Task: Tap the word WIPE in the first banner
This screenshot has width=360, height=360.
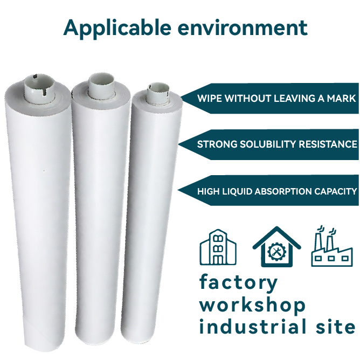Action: point(209,99)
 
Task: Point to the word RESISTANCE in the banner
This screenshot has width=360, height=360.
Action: point(330,144)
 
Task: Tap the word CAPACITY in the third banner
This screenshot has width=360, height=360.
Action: point(336,191)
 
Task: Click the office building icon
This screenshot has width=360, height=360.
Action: point(218,247)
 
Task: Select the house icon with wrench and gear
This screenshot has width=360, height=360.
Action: point(276,246)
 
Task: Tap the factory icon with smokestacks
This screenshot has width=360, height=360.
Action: point(332,246)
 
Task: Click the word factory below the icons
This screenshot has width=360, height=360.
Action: point(239,282)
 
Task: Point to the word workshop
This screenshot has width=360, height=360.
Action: point(252,304)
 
